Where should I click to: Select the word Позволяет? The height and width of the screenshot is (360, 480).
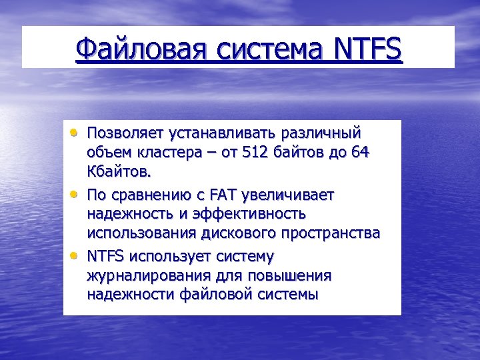(x=123, y=133)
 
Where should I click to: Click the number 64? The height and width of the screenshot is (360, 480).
(x=360, y=153)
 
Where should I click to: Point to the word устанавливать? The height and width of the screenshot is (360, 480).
(x=217, y=133)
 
